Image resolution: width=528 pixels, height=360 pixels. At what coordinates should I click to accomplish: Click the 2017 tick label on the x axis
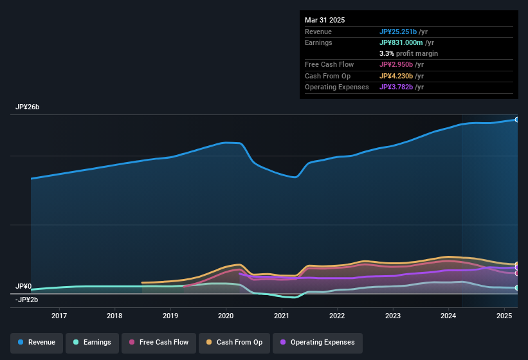pos(59,316)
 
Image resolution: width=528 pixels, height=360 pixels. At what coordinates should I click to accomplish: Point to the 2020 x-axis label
pos(226,316)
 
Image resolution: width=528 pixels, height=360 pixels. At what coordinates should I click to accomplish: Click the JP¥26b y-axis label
pos(28,107)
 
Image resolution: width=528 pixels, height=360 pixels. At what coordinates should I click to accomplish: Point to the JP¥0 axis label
pos(24,286)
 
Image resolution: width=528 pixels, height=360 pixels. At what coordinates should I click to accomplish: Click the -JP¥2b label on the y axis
pos(27,300)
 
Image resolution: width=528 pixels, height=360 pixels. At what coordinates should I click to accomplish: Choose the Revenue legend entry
pos(37,343)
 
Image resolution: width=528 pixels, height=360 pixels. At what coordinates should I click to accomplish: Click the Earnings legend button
pos(92,343)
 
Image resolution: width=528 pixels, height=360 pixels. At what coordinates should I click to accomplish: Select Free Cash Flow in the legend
pos(159,343)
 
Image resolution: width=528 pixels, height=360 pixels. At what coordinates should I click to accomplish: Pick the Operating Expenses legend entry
pos(318,343)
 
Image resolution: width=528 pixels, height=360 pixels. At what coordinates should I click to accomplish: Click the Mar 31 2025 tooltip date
pos(325,20)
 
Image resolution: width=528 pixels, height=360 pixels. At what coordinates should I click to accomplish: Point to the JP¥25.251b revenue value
pos(402,32)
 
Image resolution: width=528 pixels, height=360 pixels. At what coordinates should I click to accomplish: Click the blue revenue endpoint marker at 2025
pos(516,120)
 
